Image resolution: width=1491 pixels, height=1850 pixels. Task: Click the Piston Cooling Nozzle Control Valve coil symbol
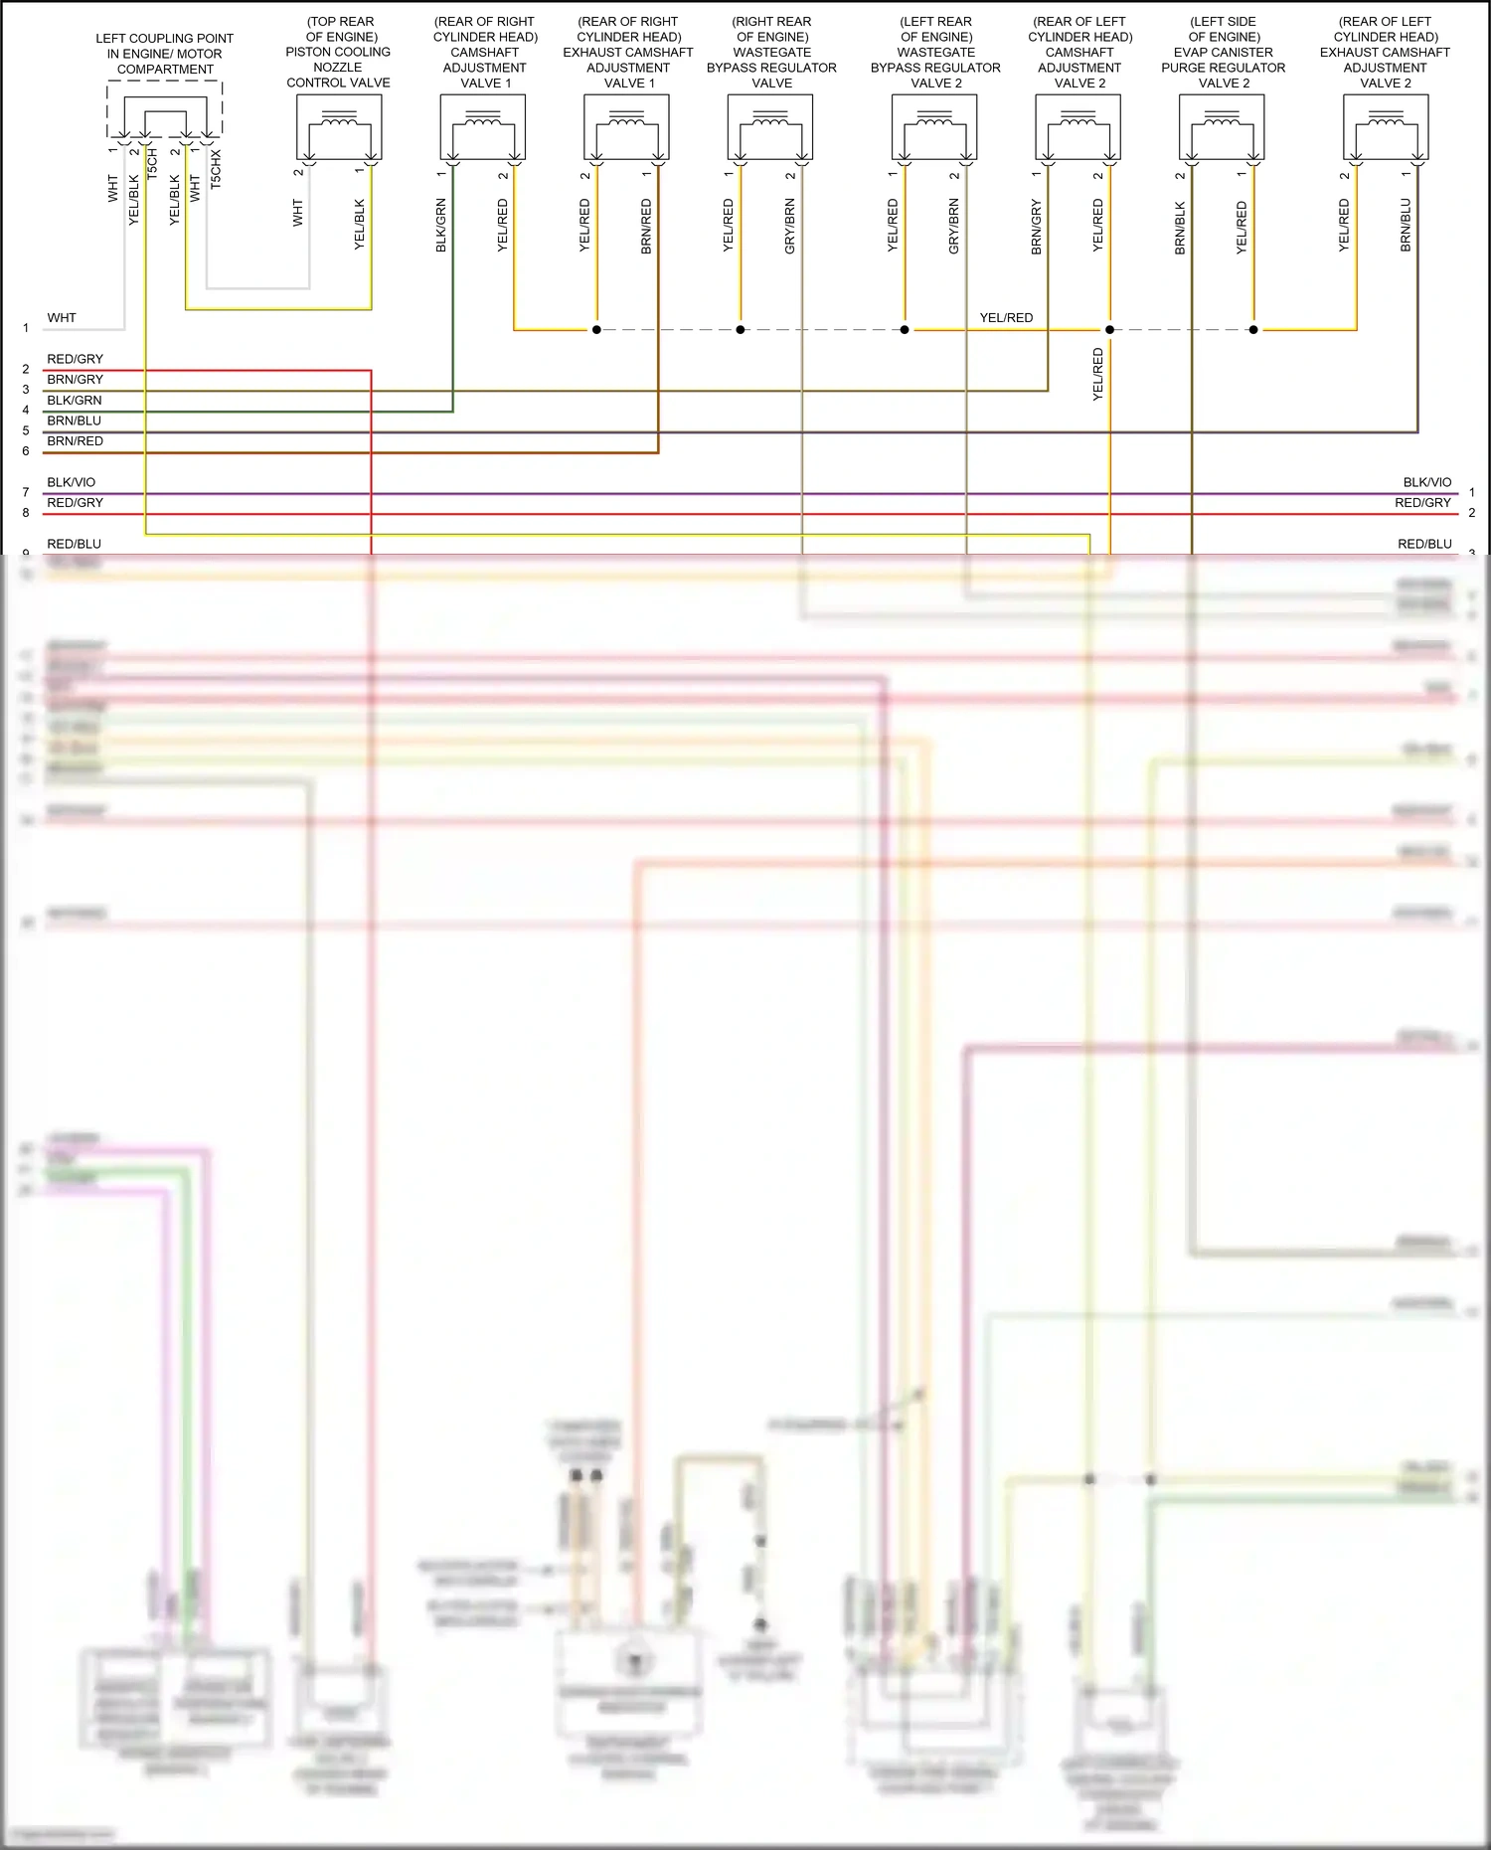coord(339,127)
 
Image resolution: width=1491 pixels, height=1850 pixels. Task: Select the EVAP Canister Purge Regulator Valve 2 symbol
coord(1222,127)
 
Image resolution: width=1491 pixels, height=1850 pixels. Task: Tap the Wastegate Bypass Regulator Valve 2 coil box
coord(934,127)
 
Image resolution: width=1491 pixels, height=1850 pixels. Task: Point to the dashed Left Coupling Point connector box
coord(165,109)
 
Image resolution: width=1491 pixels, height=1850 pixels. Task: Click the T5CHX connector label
coord(216,170)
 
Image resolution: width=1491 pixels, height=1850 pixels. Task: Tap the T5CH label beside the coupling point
coord(152,164)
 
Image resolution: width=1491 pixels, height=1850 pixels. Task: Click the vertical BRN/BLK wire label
coord(1180,228)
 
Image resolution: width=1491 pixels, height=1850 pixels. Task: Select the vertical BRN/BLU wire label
coord(1406,225)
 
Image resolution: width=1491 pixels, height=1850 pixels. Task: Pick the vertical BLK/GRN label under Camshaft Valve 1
coord(441,225)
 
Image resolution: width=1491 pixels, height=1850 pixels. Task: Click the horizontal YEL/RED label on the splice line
coord(1006,318)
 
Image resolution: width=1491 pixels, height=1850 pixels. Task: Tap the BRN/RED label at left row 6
coord(76,441)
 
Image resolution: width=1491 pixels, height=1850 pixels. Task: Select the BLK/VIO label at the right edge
coord(1426,482)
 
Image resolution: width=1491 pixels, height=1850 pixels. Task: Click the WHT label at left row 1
coord(62,318)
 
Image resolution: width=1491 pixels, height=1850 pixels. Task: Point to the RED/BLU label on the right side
coord(1424,544)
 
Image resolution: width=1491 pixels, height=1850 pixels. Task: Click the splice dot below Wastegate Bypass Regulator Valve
coord(741,330)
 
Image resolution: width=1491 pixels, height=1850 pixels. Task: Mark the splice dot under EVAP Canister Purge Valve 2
coord(1253,330)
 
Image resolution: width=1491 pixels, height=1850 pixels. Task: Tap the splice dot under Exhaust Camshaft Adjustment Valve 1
coord(596,330)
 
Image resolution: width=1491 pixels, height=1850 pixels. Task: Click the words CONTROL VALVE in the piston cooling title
coord(338,83)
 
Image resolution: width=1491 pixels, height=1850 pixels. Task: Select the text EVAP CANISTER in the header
coord(1223,53)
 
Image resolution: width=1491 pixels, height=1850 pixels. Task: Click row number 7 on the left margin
coord(26,493)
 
